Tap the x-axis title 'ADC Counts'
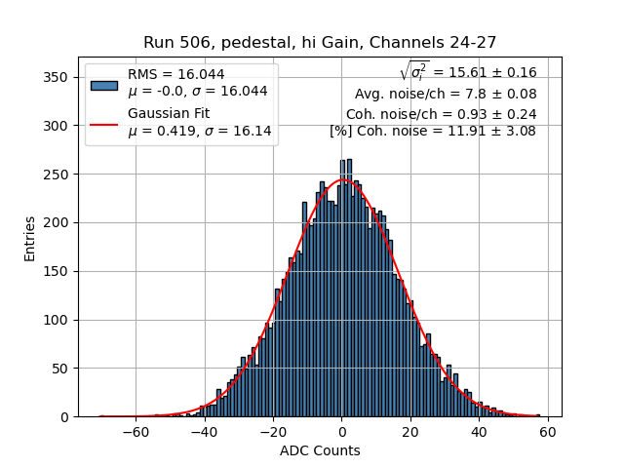pyautogui.click(x=320, y=450)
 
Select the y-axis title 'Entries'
pyautogui.click(x=31, y=238)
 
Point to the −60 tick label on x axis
pyautogui.click(x=136, y=431)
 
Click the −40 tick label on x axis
pyautogui.click(x=204, y=431)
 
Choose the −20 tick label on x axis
pyautogui.click(x=273, y=431)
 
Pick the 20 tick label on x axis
pyautogui.click(x=410, y=431)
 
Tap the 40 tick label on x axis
pyautogui.click(x=479, y=431)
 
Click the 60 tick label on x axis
pyautogui.click(x=548, y=431)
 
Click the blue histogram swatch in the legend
pyautogui.click(x=103, y=84)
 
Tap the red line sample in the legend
pyautogui.click(x=103, y=124)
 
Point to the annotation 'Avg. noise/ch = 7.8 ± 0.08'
pyautogui.click(x=446, y=94)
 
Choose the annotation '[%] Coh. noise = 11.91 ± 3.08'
pyautogui.click(x=433, y=131)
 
